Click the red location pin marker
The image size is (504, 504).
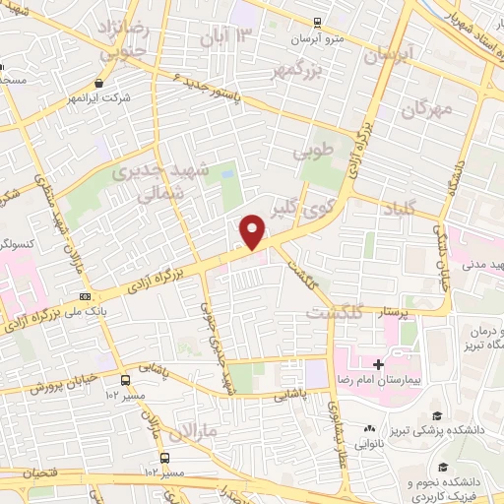click(253, 232)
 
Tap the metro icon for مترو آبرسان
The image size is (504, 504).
click(316, 23)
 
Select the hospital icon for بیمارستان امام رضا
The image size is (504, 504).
click(377, 364)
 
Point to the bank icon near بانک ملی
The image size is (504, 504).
click(86, 295)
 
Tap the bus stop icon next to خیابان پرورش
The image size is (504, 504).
click(125, 379)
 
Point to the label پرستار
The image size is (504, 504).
click(385, 312)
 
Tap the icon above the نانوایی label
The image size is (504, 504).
click(370, 428)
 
